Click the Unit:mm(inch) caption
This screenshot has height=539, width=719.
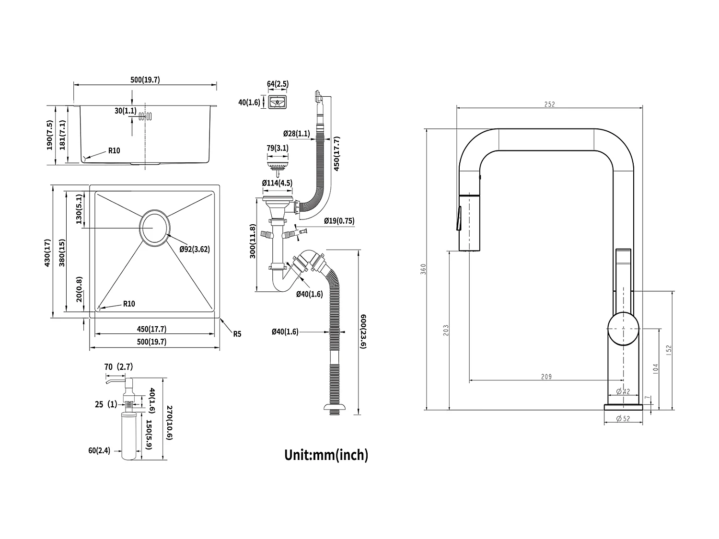pyautogui.click(x=326, y=454)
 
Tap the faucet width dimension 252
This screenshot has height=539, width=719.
pyautogui.click(x=550, y=104)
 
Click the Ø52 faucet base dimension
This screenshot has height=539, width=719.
pyautogui.click(x=623, y=418)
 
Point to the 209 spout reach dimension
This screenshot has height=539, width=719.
pyautogui.click(x=546, y=377)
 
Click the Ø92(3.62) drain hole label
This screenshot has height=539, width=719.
pyautogui.click(x=195, y=249)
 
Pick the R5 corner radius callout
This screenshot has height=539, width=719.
pyautogui.click(x=237, y=334)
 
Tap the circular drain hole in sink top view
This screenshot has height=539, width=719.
pyautogui.click(x=154, y=228)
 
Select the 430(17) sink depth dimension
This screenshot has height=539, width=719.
pyautogui.click(x=47, y=252)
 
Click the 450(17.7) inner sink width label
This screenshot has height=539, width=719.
pyautogui.click(x=151, y=329)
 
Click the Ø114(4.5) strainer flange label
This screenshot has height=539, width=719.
pyautogui.click(x=277, y=183)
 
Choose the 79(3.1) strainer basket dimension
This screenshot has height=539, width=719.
pyautogui.click(x=277, y=148)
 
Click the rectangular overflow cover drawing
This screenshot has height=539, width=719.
pyautogui.click(x=277, y=102)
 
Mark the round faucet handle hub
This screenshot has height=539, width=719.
pyautogui.click(x=623, y=329)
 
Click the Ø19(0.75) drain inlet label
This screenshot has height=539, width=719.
pyautogui.click(x=339, y=221)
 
